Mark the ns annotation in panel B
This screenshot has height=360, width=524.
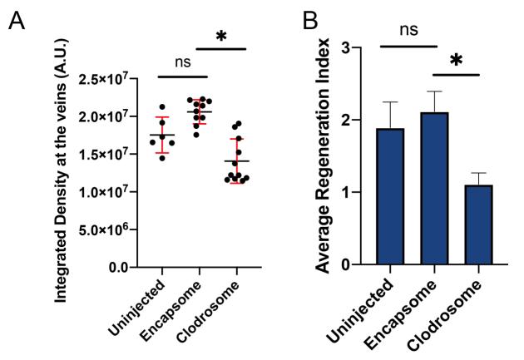click(409, 30)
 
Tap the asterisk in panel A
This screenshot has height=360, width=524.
click(220, 37)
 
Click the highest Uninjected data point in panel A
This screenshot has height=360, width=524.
click(162, 106)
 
